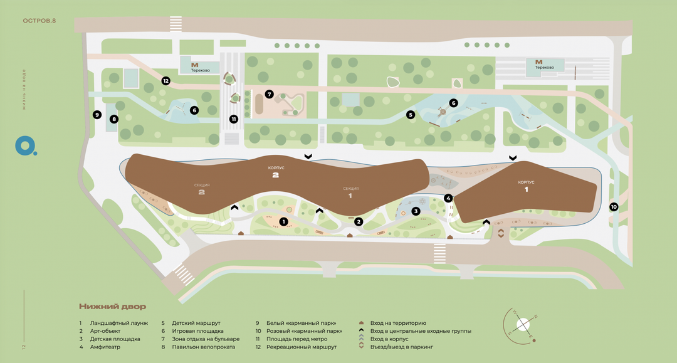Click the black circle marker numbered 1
[283, 221]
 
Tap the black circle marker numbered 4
[448, 198]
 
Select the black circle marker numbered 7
[269, 94]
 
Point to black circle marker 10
[614, 207]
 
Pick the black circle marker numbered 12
[165, 80]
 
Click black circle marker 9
[97, 115]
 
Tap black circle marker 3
[415, 211]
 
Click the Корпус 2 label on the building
[275, 172]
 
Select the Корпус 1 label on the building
[526, 186]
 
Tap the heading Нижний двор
[112, 307]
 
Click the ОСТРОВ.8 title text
[39, 21]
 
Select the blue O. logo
[26, 145]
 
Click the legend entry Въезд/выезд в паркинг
[401, 347]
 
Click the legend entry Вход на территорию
[398, 322]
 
